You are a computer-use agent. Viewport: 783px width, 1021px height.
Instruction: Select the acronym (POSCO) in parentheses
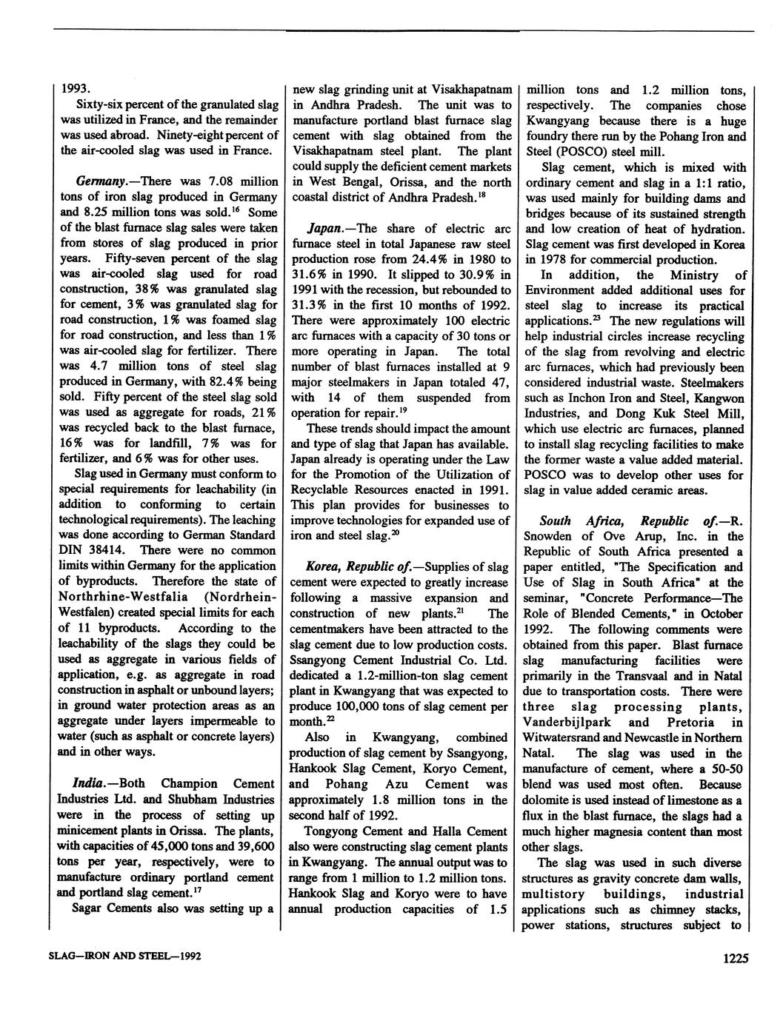click(584, 152)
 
